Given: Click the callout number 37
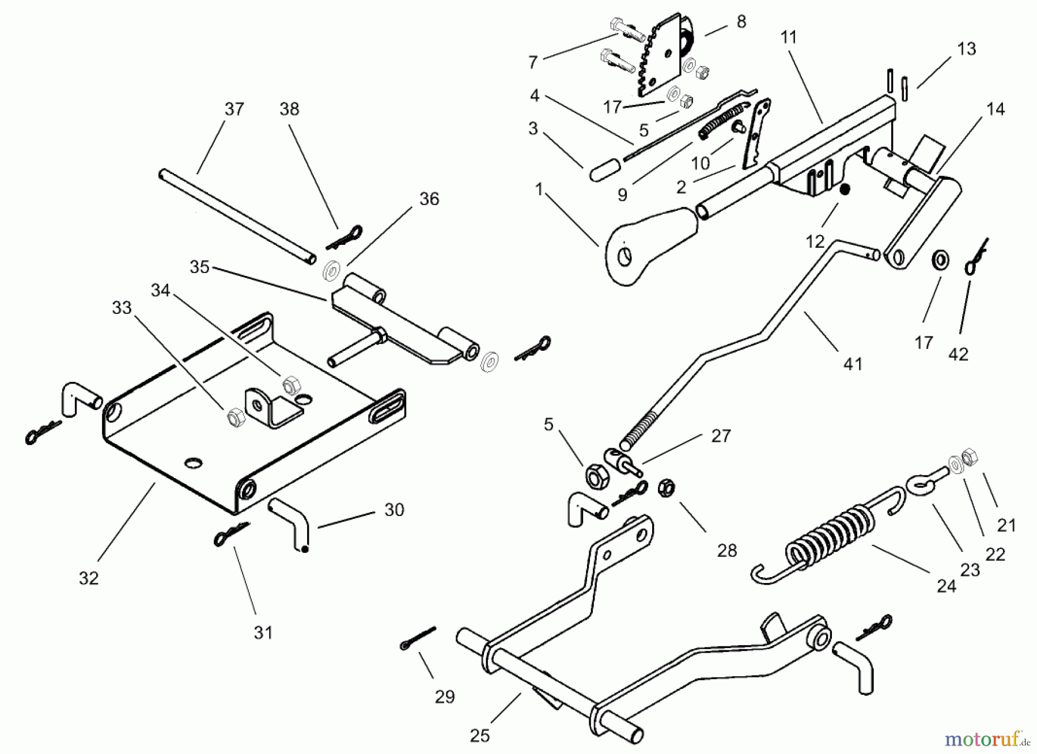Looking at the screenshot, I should (234, 109).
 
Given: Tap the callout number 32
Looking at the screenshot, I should (89, 578).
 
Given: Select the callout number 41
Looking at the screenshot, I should (852, 364).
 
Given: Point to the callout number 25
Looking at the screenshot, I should (480, 736).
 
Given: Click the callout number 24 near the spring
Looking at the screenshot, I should (947, 586).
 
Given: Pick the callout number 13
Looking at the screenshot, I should (967, 49).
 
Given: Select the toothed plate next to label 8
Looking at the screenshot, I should (657, 58).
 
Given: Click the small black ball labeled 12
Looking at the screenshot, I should (844, 190).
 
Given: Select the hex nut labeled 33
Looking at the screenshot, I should (235, 416).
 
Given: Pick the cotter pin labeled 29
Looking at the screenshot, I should (418, 637).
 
